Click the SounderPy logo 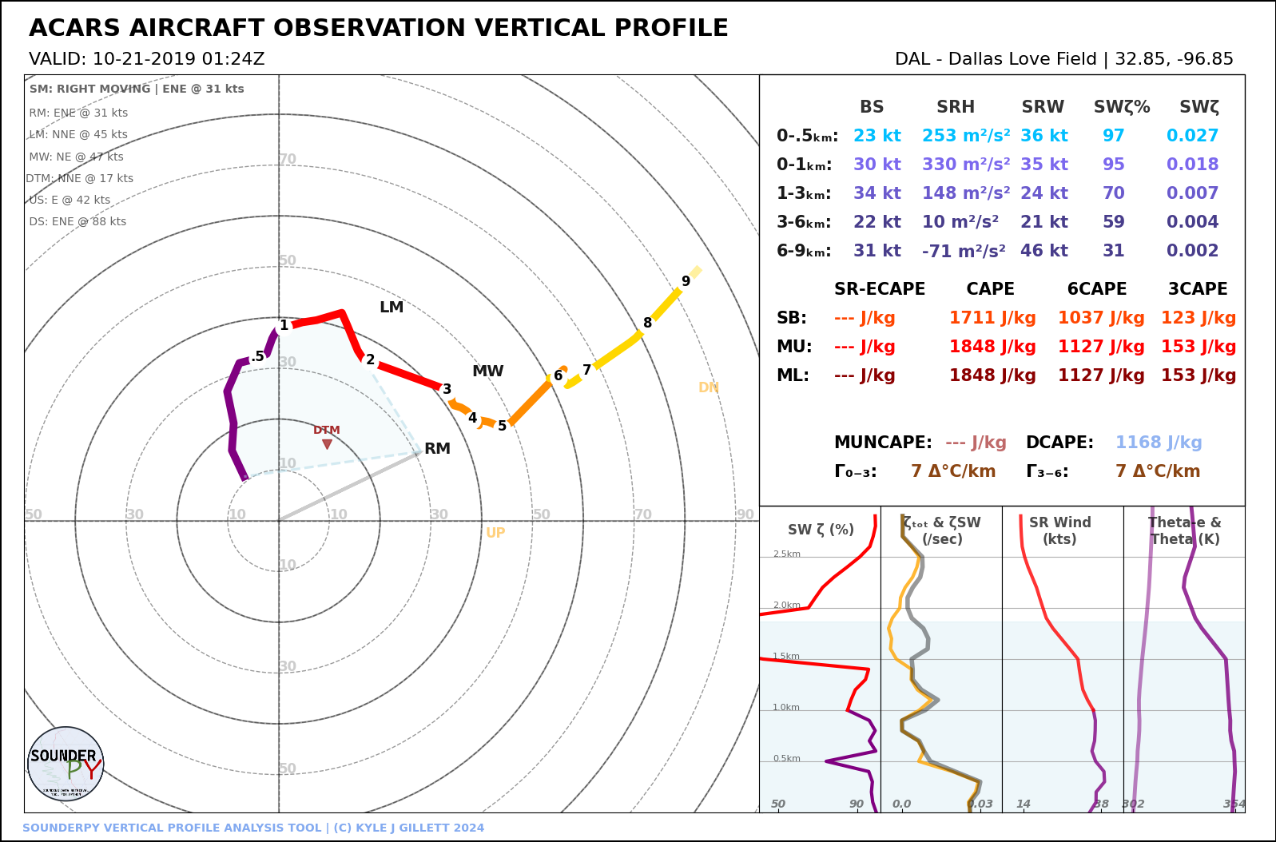[66, 764]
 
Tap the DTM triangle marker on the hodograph [327, 444]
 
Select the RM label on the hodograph [437, 449]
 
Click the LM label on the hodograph [392, 308]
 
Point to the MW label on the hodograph [487, 371]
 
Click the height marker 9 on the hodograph [686, 281]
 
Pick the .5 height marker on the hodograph [257, 357]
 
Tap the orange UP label [495, 533]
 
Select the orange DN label [709, 387]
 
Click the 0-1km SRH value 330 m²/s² [965, 165]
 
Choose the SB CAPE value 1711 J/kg [992, 318]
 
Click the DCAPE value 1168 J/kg [1159, 443]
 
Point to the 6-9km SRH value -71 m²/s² [964, 251]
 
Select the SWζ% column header [1122, 107]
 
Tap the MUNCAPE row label [882, 443]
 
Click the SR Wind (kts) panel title [1059, 530]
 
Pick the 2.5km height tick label [786, 554]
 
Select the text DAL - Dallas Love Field [995, 59]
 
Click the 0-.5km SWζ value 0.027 [1192, 136]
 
